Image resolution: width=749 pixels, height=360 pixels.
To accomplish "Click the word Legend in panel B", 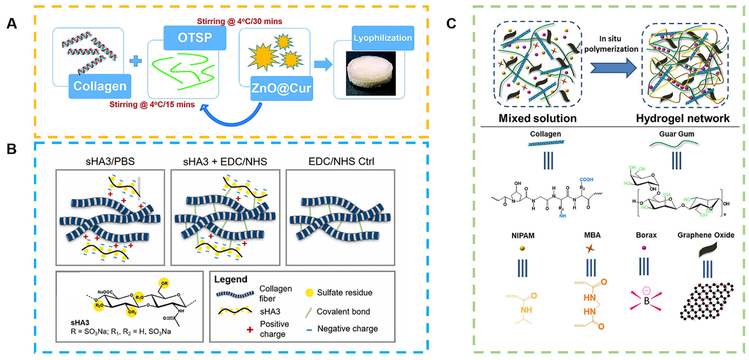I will [231, 279].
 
